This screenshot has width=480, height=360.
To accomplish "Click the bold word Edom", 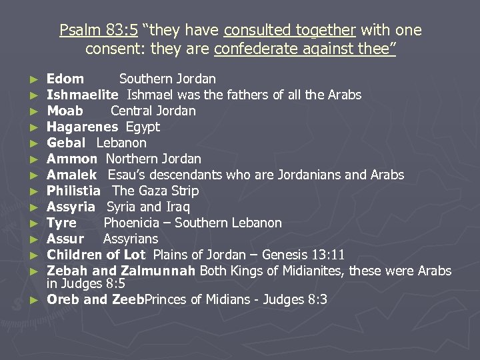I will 65,79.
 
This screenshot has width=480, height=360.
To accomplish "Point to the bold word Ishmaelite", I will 83,95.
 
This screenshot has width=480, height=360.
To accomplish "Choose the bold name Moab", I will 65,111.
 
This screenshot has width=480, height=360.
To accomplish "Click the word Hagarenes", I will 82,127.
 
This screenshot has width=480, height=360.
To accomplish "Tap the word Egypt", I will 143,127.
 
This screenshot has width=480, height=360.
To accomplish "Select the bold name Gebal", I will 66,143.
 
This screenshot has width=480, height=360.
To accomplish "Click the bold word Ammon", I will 72,159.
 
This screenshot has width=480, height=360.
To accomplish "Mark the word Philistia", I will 73,191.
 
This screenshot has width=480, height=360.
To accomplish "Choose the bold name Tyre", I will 61,223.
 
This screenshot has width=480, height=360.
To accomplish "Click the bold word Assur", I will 65,239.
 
